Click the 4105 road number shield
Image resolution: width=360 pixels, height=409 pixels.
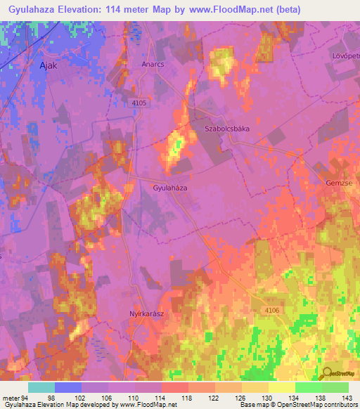[139, 103]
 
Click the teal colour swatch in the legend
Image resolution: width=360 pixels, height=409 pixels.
[41, 387]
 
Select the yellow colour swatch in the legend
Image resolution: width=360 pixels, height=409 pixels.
[281, 387]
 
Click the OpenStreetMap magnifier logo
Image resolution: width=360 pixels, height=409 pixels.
[328, 373]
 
